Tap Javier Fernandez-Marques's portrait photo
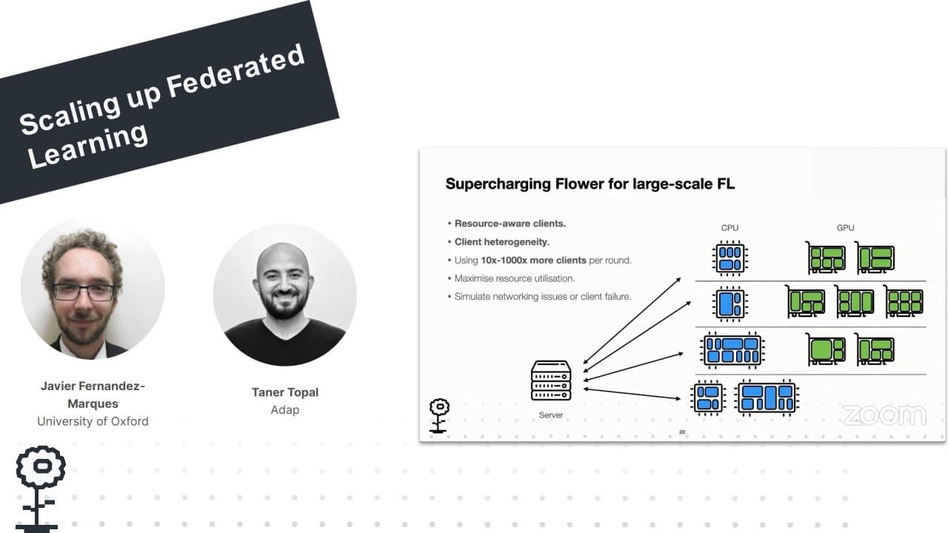click(93, 289)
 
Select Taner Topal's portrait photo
click(284, 294)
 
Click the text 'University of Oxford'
click(93, 421)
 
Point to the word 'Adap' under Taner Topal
click(284, 409)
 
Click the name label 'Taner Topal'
click(284, 392)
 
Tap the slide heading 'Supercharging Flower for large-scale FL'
click(590, 184)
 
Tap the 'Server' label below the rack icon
click(551, 415)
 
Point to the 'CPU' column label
click(730, 228)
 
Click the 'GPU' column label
click(845, 228)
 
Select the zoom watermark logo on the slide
click(884, 415)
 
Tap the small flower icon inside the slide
click(439, 415)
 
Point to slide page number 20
click(682, 432)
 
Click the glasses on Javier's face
click(84, 292)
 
